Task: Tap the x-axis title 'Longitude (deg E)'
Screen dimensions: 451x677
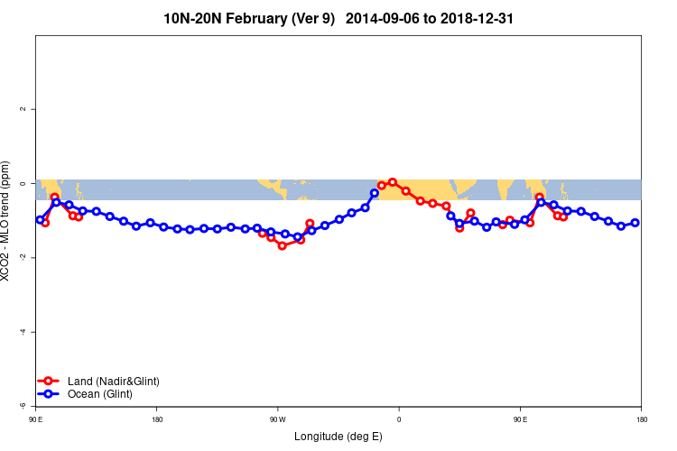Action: [x=338, y=437]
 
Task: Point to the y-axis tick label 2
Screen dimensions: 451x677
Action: [x=23, y=109]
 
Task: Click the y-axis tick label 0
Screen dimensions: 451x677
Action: [x=23, y=183]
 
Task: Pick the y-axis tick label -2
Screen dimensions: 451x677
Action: [x=23, y=257]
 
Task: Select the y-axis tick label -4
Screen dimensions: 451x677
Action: [x=23, y=332]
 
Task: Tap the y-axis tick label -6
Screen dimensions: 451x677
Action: [x=23, y=406]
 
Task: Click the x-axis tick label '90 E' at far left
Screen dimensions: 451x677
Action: [x=35, y=419]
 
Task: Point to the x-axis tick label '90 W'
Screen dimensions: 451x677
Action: [x=277, y=419]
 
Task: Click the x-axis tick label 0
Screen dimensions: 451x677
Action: [x=398, y=419]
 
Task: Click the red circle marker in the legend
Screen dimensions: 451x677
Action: [x=49, y=382]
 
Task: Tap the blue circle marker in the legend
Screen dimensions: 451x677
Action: [x=49, y=394]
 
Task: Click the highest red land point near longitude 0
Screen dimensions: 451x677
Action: [x=393, y=182]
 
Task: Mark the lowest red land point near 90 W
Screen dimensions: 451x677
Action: [x=282, y=245]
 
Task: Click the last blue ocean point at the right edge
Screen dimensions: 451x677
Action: [x=635, y=223]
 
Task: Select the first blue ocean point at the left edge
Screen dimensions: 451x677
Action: [x=40, y=219]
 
